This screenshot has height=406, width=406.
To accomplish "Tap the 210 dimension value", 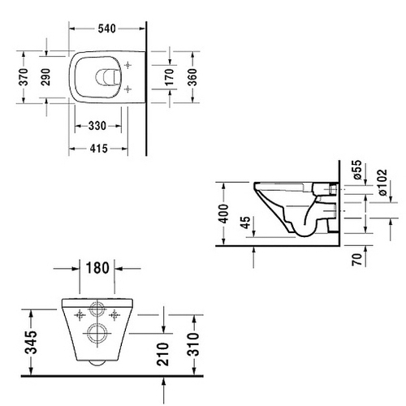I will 166,354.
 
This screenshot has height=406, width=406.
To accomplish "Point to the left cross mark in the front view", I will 80,312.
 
